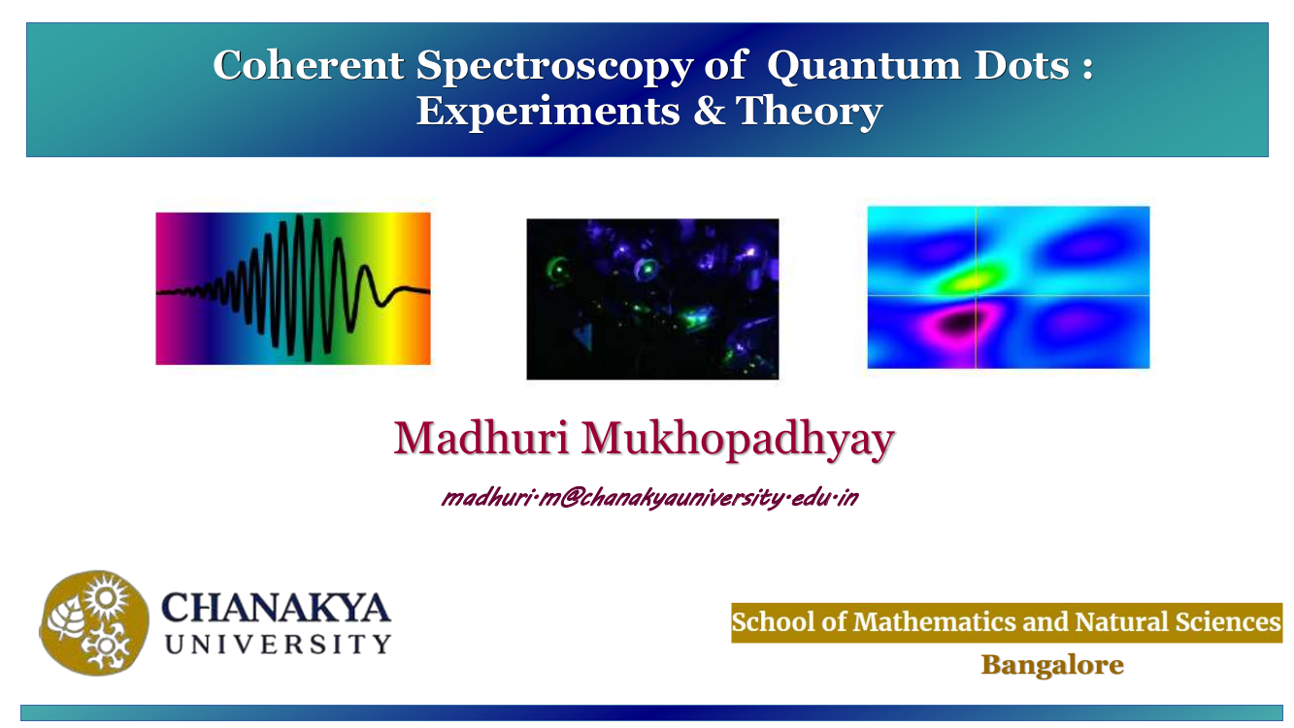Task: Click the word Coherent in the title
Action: pyautogui.click(x=309, y=65)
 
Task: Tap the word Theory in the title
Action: pyautogui.click(x=810, y=112)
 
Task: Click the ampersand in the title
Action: pyautogui.click(x=709, y=110)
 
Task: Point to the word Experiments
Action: pyautogui.click(x=548, y=111)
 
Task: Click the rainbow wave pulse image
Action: pyautogui.click(x=293, y=288)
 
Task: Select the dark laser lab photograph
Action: pyautogui.click(x=652, y=299)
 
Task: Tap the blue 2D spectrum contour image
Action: pyautogui.click(x=1008, y=287)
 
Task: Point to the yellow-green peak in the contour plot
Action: pyautogui.click(x=974, y=281)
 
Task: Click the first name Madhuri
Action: pyautogui.click(x=481, y=438)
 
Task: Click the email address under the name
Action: pyautogui.click(x=649, y=497)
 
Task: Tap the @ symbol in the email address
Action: pyautogui.click(x=570, y=498)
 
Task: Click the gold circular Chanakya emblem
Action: pyautogui.click(x=94, y=623)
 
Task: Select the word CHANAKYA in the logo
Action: pyautogui.click(x=276, y=608)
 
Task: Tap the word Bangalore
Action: pyautogui.click(x=1052, y=665)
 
